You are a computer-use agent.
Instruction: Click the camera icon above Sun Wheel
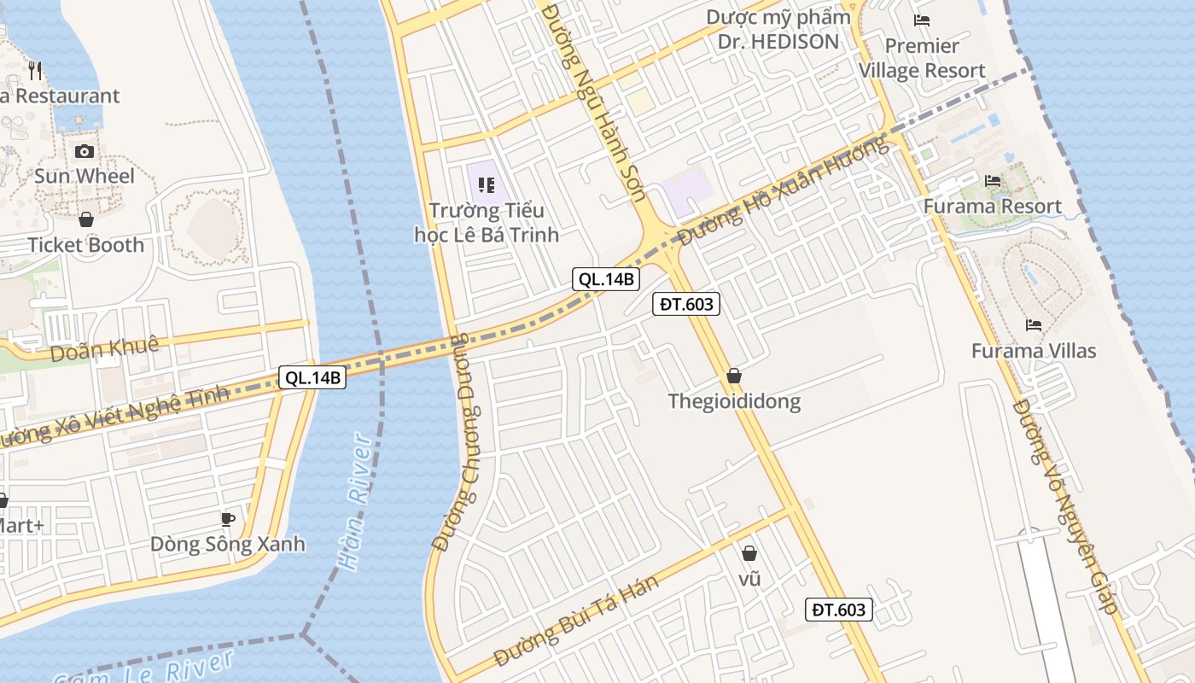[x=85, y=151]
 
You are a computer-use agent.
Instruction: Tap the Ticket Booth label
[x=85, y=245]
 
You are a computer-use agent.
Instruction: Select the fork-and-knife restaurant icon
[x=35, y=70]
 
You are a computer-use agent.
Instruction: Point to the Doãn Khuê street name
[x=104, y=347]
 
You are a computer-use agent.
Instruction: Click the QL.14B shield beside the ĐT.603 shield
[x=605, y=278]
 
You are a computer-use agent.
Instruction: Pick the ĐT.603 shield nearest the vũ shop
[x=838, y=609]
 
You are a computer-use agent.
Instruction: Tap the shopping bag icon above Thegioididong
[x=733, y=376]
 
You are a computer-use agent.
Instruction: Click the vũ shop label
[x=749, y=579]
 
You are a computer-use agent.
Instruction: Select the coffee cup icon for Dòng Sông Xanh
[x=227, y=518]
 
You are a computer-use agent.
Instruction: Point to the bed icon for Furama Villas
[x=1033, y=325]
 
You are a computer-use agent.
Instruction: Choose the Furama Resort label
[x=992, y=207]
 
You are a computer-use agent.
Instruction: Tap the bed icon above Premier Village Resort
[x=921, y=20]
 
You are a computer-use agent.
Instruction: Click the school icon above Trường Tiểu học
[x=487, y=184]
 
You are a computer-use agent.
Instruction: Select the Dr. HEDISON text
[x=778, y=41]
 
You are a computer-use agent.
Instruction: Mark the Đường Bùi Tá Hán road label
[x=576, y=621]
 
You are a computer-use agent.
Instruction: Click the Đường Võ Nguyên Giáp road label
[x=1064, y=507]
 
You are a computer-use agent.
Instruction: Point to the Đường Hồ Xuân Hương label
[x=783, y=190]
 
